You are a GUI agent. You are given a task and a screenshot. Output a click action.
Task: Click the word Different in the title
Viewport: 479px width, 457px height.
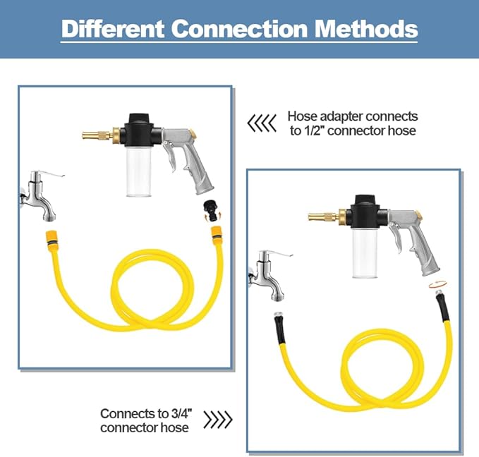[113, 29]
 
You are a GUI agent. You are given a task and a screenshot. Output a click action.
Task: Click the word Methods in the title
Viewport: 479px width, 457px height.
[366, 29]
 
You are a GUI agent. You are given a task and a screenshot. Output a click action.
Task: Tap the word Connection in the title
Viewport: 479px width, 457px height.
[240, 29]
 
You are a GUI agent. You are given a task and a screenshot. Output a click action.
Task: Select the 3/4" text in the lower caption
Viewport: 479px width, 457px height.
[181, 413]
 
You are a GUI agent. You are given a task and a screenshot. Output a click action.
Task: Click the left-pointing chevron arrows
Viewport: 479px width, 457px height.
[262, 123]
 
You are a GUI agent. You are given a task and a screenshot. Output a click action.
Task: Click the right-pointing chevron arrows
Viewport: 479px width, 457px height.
[218, 420]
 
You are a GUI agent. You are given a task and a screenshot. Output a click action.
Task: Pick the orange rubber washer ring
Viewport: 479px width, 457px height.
[438, 284]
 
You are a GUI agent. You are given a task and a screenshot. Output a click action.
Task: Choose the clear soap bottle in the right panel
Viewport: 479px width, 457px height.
[365, 254]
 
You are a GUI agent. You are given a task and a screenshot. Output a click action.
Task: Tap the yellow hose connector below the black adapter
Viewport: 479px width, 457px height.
[217, 236]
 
